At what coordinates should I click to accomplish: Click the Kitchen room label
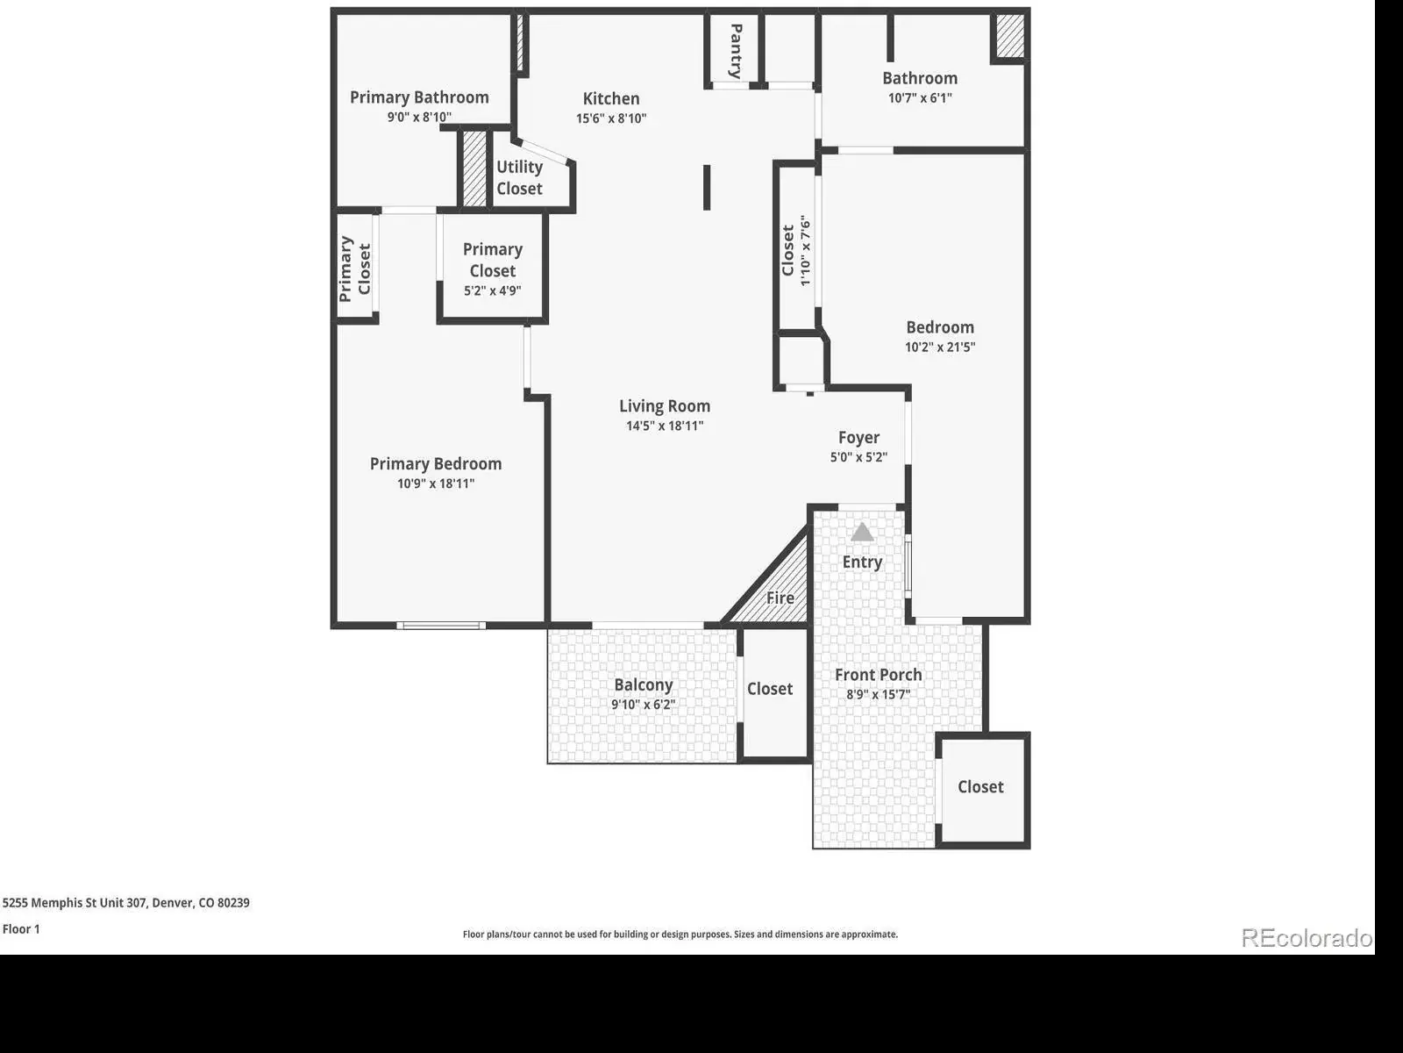pos(610,98)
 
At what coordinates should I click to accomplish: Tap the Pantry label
pos(737,51)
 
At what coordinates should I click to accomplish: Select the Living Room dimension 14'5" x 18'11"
pos(665,426)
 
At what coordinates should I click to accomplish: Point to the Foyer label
pos(858,438)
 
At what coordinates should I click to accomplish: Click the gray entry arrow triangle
pos(862,533)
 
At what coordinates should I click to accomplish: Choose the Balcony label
pos(643,684)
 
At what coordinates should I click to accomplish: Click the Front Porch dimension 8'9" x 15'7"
pos(879,694)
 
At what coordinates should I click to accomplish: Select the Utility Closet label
pos(520,178)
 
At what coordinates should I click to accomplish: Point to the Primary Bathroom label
pos(419,97)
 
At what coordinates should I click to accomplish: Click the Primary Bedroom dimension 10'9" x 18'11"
pos(436,484)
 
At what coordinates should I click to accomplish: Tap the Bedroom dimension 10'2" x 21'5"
pos(940,347)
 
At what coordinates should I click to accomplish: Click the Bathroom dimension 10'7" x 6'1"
pos(920,97)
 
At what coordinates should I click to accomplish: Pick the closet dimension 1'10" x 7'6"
pos(805,251)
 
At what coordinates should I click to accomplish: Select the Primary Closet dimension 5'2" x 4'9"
pos(492,291)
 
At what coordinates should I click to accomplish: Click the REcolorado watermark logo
pos(1307,938)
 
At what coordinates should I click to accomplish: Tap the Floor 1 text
pos(21,929)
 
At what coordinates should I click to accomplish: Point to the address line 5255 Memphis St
pos(126,903)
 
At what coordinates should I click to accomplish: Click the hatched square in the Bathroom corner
pos(1010,36)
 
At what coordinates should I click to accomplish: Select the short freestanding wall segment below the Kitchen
pos(707,187)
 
